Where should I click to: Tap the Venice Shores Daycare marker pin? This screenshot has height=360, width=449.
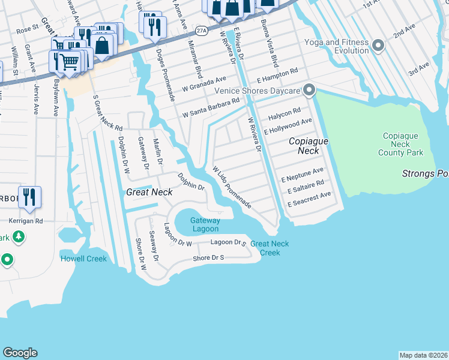(x=309, y=91)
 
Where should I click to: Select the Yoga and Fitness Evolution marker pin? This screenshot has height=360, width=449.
(x=378, y=46)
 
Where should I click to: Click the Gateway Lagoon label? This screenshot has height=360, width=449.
(x=204, y=224)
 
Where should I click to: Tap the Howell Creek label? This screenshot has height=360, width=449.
(x=83, y=259)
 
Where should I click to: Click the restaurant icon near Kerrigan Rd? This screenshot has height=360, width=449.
(x=29, y=197)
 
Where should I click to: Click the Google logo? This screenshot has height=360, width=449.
(x=20, y=353)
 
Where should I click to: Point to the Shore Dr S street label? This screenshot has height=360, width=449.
(x=208, y=257)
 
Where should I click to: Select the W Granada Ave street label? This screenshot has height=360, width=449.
(x=205, y=82)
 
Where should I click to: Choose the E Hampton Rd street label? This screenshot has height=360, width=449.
(x=277, y=71)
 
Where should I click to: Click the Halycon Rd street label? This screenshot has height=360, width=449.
(x=284, y=112)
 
